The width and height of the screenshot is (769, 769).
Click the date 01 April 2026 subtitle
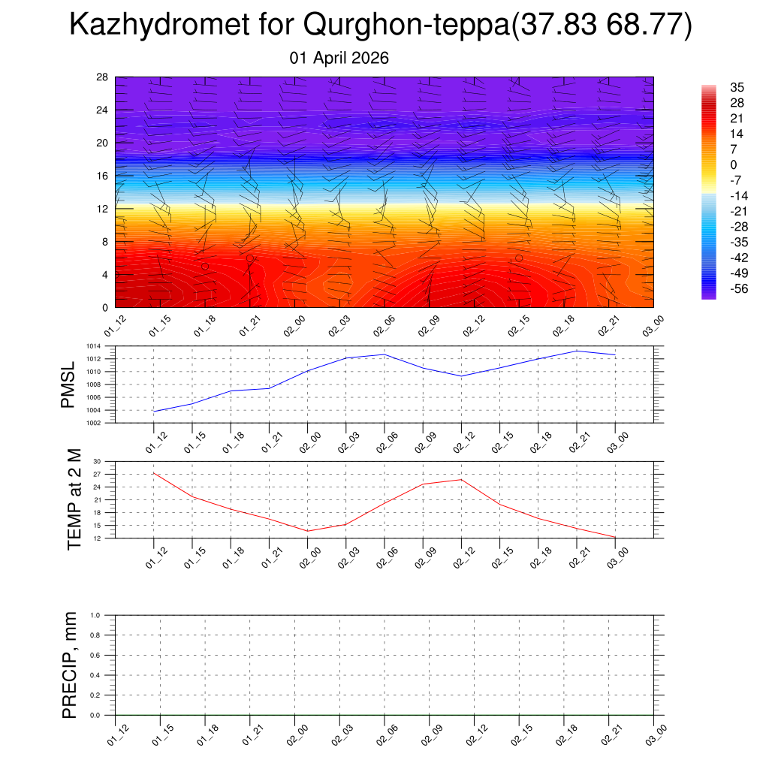pyautogui.click(x=339, y=58)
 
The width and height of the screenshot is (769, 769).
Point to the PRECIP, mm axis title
pyautogui.click(x=70, y=665)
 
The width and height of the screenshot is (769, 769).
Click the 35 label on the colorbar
pyautogui.click(x=737, y=88)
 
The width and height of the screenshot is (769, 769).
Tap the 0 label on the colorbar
pyautogui.click(x=734, y=164)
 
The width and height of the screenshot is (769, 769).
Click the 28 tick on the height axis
pyautogui.click(x=102, y=77)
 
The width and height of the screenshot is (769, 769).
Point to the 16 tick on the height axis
pyautogui.click(x=102, y=176)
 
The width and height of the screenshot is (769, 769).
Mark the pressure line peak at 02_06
pyautogui.click(x=384, y=354)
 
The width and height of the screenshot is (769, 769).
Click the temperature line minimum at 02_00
pyautogui.click(x=307, y=531)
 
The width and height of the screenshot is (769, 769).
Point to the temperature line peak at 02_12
pyautogui.click(x=461, y=479)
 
